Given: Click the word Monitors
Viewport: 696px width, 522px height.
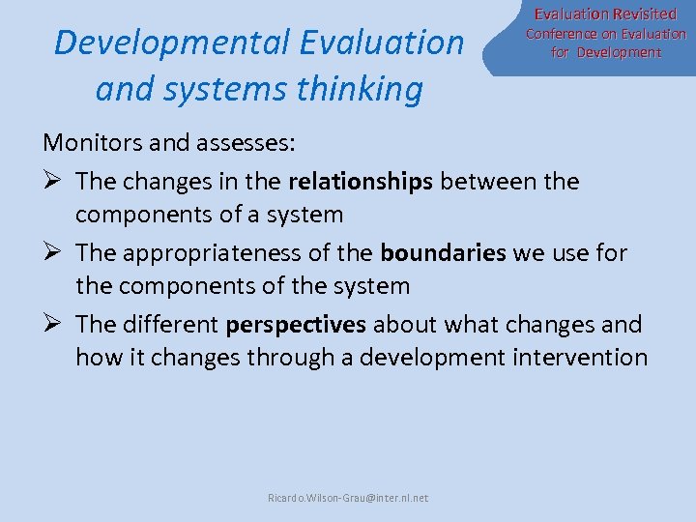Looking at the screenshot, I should click(x=89, y=143).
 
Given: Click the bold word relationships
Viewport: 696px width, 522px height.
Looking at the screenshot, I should click(x=361, y=180).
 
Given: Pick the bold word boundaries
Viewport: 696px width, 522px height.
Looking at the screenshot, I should click(x=443, y=252).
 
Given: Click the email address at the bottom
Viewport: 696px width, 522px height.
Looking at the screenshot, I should click(x=348, y=498).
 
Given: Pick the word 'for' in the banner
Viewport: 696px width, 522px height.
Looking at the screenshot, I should click(x=561, y=52).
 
